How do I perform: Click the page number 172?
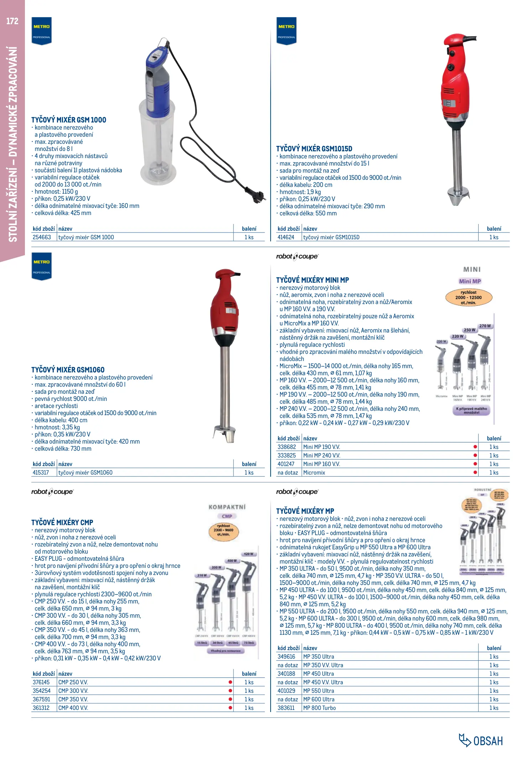[12, 21]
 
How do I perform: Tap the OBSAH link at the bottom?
[481, 741]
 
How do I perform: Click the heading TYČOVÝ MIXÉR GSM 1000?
[69, 120]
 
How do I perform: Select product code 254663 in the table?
[42, 237]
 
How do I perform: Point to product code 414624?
[286, 237]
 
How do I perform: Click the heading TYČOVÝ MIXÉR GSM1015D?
[314, 149]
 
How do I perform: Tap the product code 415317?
[41, 473]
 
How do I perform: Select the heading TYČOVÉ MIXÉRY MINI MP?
[312, 280]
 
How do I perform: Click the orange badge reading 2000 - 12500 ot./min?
[469, 298]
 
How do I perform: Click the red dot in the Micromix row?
[475, 473]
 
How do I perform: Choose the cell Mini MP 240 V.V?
[322, 456]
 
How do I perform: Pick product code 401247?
[286, 464]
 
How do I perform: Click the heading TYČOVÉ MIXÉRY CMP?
[62, 523]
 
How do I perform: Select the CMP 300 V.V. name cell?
[73, 691]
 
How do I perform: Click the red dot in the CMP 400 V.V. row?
[230, 708]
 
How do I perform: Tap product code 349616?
[286, 657]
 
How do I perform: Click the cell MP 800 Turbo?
[319, 708]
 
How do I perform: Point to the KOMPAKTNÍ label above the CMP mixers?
[227, 507]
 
